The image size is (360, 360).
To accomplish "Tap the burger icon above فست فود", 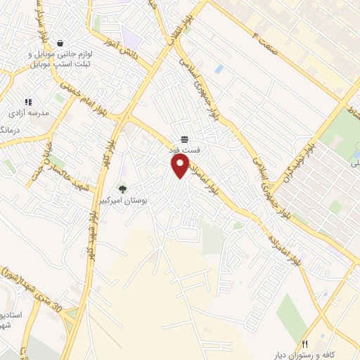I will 184,138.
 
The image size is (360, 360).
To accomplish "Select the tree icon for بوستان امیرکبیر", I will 123,188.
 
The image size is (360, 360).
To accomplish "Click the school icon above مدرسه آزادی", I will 28,102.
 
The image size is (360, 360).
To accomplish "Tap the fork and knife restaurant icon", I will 305,345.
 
